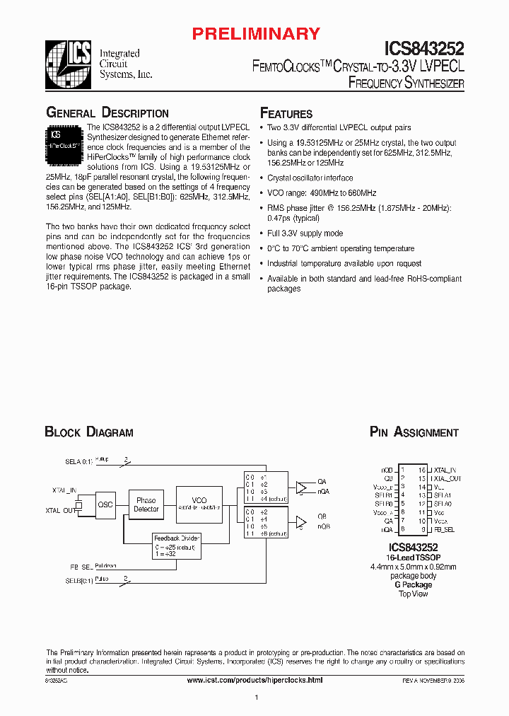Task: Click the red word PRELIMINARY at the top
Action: pyautogui.click(x=256, y=33)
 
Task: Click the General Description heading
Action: pyautogui.click(x=107, y=113)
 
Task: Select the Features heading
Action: pyautogui.click(x=286, y=114)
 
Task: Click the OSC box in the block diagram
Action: pyautogui.click(x=105, y=504)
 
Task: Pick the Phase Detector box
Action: pyautogui.click(x=146, y=504)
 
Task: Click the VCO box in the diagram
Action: pyautogui.click(x=199, y=503)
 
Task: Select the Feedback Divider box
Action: pyautogui.click(x=177, y=546)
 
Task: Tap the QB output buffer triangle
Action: pyautogui.click(x=303, y=522)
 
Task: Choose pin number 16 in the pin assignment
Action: pyautogui.click(x=422, y=469)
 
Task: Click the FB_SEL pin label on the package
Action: pyautogui.click(x=445, y=529)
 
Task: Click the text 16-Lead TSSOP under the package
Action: pyautogui.click(x=414, y=558)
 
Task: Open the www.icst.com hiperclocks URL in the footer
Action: pyautogui.click(x=255, y=680)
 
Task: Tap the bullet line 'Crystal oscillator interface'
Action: pyautogui.click(x=310, y=178)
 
